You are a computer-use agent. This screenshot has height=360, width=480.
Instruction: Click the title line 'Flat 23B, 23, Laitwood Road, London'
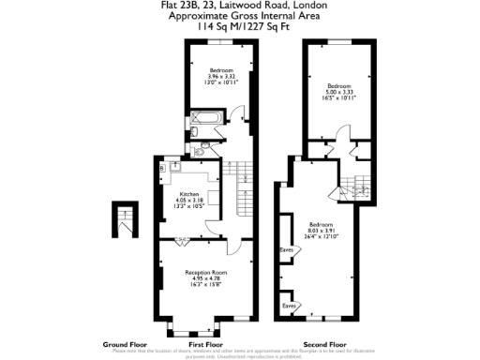[239, 7]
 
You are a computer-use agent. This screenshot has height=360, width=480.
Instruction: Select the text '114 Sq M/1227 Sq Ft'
[239, 28]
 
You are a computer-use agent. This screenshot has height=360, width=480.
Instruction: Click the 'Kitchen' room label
[188, 194]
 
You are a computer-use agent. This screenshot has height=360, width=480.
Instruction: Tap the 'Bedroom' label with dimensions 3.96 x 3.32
[221, 71]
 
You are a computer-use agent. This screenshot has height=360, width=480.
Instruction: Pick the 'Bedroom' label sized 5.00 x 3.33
[339, 86]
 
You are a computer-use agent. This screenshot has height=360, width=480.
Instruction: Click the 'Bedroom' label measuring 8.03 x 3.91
[321, 225]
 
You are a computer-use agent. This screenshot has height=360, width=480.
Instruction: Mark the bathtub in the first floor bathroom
[203, 119]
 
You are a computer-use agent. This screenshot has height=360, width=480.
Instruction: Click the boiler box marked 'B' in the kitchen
[162, 167]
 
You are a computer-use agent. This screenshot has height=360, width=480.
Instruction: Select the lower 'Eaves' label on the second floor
[290, 305]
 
